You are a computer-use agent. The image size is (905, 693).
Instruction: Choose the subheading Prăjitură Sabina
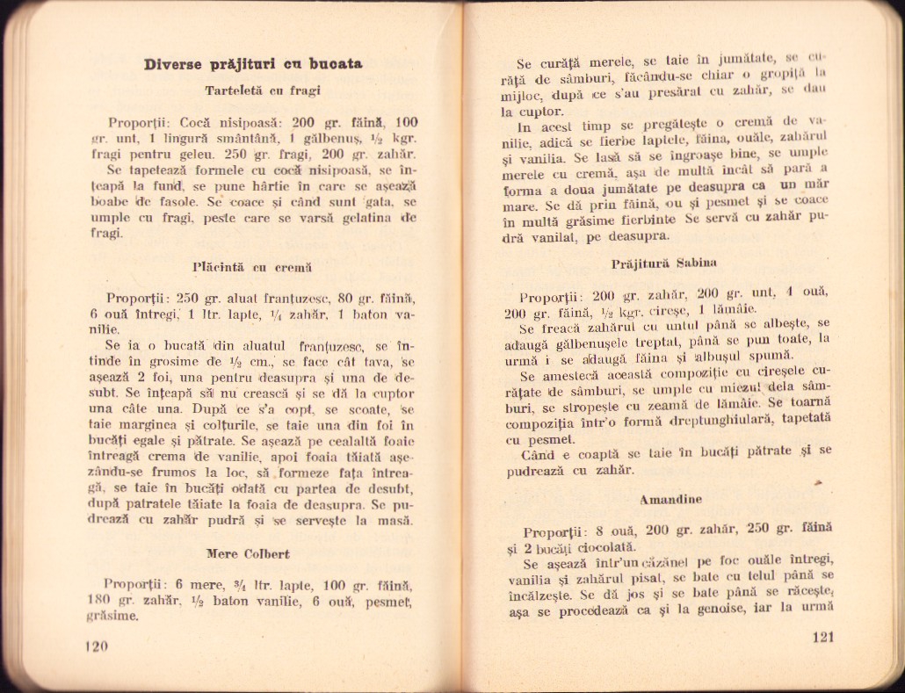(652, 263)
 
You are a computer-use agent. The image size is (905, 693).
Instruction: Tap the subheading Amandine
(670, 500)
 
